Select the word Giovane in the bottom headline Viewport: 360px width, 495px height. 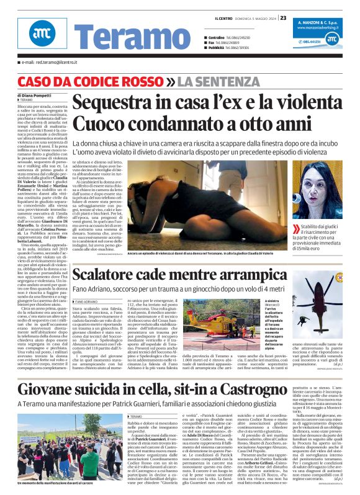tap(63, 372)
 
